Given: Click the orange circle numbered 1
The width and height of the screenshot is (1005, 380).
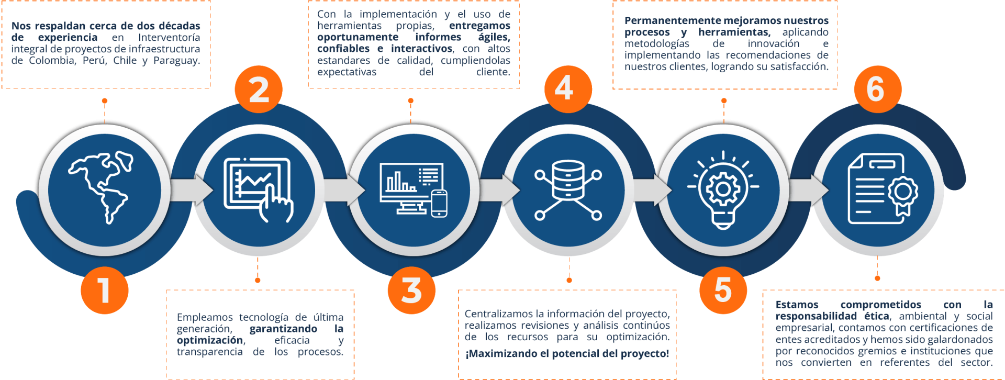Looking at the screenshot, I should pyautogui.click(x=104, y=290).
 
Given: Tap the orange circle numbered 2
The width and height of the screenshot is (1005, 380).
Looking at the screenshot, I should pyautogui.click(x=259, y=89).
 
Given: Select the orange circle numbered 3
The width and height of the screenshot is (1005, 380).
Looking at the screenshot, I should pyautogui.click(x=411, y=290).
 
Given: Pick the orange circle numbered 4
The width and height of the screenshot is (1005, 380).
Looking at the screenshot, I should pyautogui.click(x=564, y=89).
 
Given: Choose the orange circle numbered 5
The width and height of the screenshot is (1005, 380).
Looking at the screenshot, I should pyautogui.click(x=723, y=290).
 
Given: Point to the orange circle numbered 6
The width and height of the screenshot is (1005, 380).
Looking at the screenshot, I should pyautogui.click(x=876, y=89).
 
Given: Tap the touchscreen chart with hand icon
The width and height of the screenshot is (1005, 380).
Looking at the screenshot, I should pyautogui.click(x=258, y=189).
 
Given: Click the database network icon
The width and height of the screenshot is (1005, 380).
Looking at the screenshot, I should pyautogui.click(x=568, y=189).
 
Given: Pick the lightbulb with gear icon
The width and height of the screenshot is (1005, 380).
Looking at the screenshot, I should pyautogui.click(x=723, y=189).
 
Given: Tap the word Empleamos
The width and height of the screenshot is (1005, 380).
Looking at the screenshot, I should pyautogui.click(x=205, y=317).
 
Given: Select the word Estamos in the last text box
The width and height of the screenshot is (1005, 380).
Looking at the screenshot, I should pyautogui.click(x=797, y=305).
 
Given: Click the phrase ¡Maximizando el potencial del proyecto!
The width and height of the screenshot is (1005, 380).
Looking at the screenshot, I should pyautogui.click(x=567, y=354).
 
